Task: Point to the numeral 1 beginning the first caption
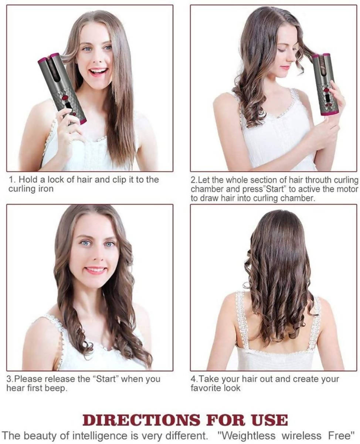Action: (x=11, y=180)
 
